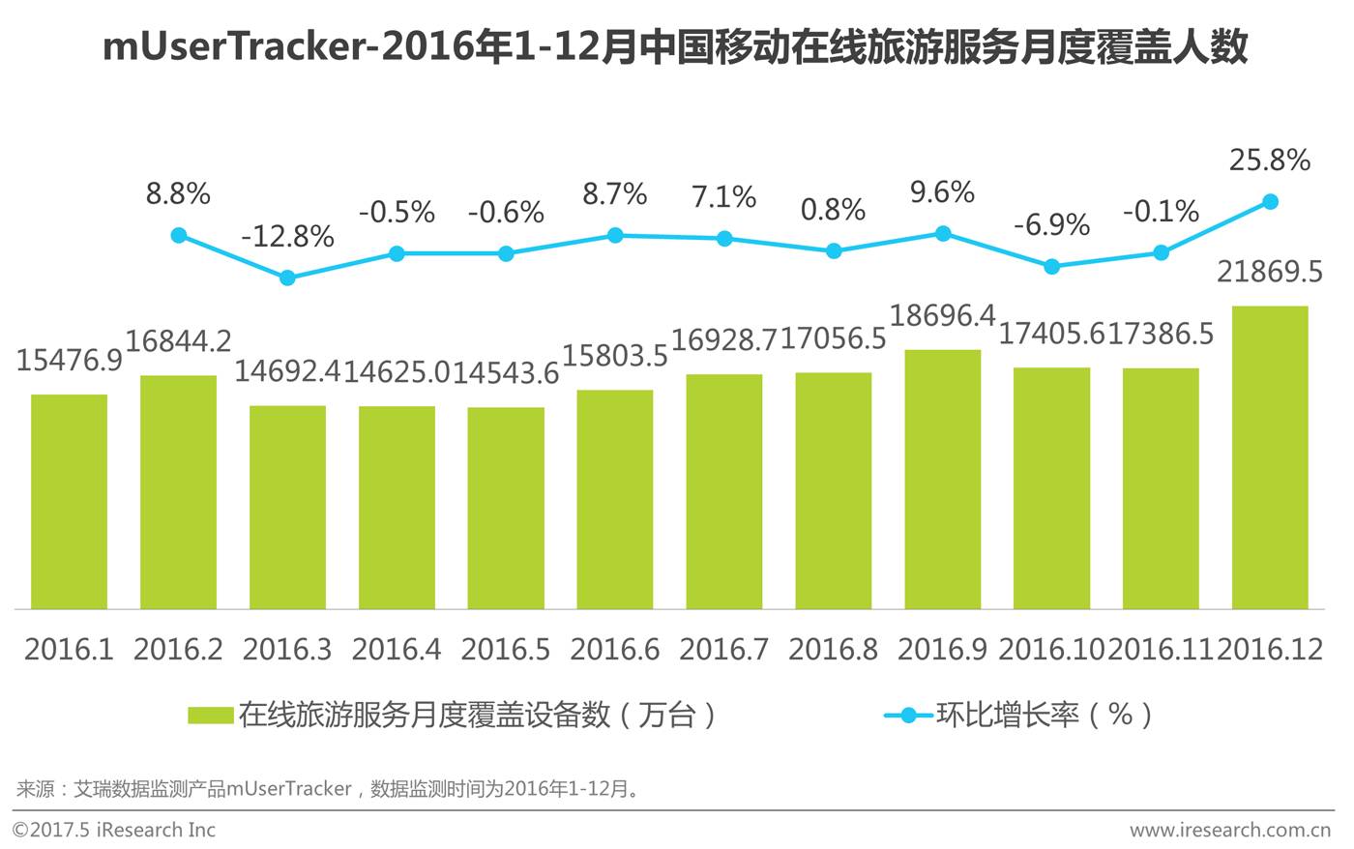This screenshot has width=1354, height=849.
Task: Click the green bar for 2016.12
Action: click(x=1270, y=457)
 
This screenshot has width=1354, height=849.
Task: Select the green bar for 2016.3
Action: click(x=288, y=507)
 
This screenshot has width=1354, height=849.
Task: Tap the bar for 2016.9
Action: click(x=943, y=480)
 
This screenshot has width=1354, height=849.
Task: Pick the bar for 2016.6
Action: click(x=615, y=499)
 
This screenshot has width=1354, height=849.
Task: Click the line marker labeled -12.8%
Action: click(x=288, y=278)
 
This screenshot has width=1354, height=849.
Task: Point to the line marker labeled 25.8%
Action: click(x=1271, y=202)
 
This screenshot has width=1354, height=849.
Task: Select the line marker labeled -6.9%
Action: click(x=1052, y=267)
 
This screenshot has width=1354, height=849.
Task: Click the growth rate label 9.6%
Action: click(x=942, y=192)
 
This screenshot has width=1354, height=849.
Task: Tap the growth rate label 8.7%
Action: click(x=615, y=194)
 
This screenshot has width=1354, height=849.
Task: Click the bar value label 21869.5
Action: click(x=1270, y=272)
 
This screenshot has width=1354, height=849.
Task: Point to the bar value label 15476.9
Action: click(x=69, y=360)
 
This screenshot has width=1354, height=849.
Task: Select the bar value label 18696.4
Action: click(x=942, y=315)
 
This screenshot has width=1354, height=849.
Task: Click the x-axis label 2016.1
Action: click(x=69, y=650)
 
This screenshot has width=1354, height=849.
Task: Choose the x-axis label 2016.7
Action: click(x=724, y=650)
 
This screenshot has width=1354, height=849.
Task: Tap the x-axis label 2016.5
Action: click(x=505, y=650)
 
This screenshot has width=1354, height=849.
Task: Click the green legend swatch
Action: click(x=211, y=715)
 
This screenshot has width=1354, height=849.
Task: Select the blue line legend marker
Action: click(x=908, y=716)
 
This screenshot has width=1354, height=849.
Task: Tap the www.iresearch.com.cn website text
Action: click(x=1230, y=830)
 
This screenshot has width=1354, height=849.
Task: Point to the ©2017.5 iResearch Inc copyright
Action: click(x=114, y=830)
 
